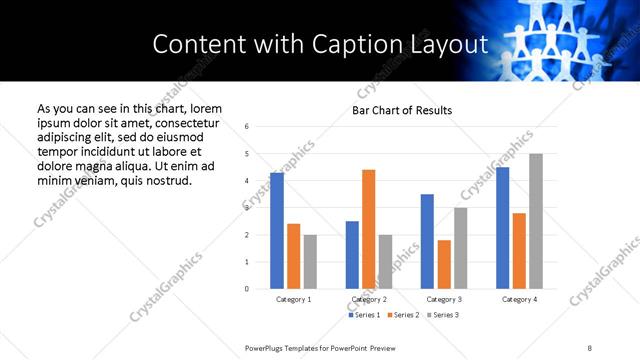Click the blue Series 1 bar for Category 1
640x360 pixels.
tap(277, 231)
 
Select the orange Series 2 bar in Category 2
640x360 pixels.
tap(368, 229)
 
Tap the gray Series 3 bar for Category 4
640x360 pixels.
tap(536, 221)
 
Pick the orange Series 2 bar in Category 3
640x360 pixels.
tap(444, 264)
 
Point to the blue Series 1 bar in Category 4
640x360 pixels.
tap(502, 228)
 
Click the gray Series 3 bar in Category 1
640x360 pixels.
tap(310, 262)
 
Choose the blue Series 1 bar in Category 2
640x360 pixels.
tap(352, 255)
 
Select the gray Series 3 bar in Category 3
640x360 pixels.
tap(460, 248)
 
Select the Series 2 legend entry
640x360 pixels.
tap(402, 315)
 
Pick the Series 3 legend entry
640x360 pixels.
tap(441, 315)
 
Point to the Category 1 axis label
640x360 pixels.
tap(293, 299)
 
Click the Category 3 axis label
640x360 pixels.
tap(444, 299)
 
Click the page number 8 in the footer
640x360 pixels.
tap(590, 347)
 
